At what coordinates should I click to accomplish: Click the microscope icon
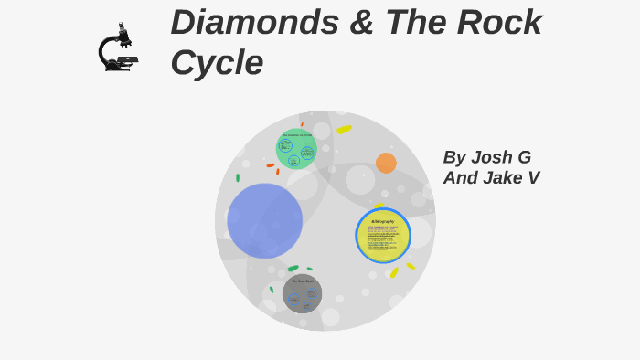[x=118, y=48]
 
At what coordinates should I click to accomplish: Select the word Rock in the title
[x=498, y=22]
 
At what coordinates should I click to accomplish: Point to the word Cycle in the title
[x=217, y=62]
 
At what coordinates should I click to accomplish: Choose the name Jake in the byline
[x=504, y=178]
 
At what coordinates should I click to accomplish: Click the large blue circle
[x=264, y=220]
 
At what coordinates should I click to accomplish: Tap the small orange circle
[x=386, y=163]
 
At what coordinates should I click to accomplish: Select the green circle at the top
[x=296, y=149]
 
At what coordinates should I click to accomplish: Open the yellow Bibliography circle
[x=383, y=236]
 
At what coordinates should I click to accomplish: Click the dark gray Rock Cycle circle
[x=302, y=293]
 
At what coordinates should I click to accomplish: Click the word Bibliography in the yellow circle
[x=383, y=221]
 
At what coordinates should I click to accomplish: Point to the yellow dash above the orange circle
[x=344, y=130]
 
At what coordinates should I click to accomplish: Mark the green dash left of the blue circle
[x=238, y=178]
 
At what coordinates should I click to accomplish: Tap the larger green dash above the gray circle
[x=293, y=269]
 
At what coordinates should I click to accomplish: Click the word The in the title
[x=409, y=22]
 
